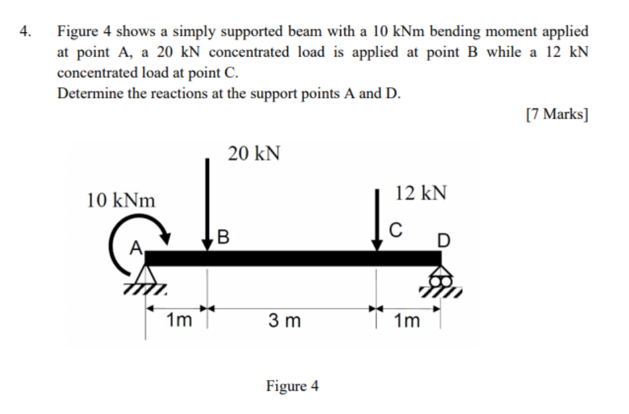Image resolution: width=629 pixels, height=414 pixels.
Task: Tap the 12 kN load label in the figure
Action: click(421, 193)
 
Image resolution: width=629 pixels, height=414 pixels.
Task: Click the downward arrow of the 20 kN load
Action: click(208, 204)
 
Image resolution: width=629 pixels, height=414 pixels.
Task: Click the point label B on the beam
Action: click(223, 236)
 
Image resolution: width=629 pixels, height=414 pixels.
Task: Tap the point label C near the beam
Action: click(394, 229)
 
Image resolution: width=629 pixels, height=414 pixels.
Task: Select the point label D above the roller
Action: click(444, 241)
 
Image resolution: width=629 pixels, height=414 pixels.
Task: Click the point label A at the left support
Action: click(136, 248)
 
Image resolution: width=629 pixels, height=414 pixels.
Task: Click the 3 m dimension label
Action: click(285, 321)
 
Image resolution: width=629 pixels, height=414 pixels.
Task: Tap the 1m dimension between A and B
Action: click(179, 321)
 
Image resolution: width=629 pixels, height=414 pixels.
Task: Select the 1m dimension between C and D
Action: click(407, 321)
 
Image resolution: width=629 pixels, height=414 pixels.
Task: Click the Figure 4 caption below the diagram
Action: click(292, 386)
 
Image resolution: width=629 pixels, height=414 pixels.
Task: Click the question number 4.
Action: click(25, 31)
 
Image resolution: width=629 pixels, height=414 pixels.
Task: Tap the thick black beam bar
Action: click(292, 258)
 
